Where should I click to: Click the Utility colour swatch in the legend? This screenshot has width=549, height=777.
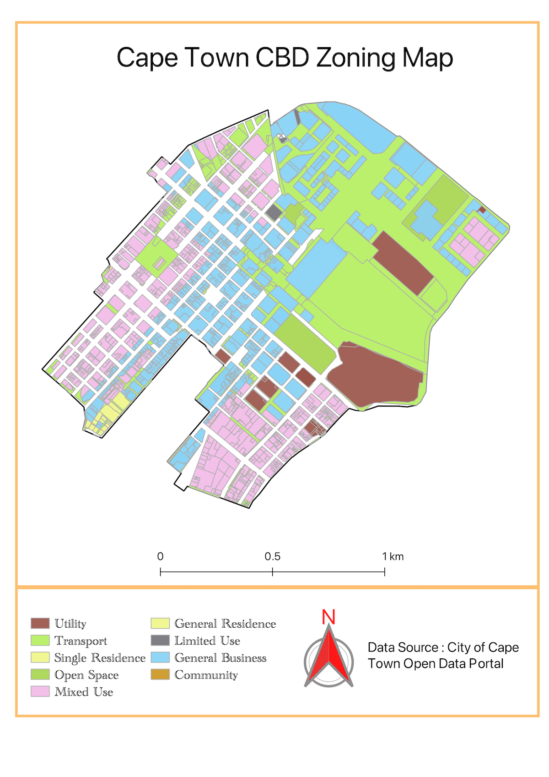click(x=40, y=623)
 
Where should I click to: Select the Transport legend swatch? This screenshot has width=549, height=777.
click(x=40, y=640)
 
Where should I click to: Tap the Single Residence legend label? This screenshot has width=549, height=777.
click(x=100, y=657)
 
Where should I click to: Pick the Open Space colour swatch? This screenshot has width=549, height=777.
click(x=40, y=674)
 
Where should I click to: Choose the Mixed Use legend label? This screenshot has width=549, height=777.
click(x=84, y=691)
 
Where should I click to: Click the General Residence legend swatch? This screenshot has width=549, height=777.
click(x=160, y=623)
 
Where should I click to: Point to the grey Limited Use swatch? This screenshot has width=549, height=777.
click(x=160, y=640)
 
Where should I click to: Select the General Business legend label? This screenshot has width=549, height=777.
click(x=220, y=657)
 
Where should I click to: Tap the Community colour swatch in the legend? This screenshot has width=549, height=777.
click(x=160, y=674)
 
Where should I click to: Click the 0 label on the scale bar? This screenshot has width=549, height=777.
click(x=160, y=556)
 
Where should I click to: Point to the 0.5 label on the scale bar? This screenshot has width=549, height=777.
click(x=272, y=556)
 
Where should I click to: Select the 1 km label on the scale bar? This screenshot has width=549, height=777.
click(x=393, y=556)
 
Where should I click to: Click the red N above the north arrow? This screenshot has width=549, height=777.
click(x=328, y=617)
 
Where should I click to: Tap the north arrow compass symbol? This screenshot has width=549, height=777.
click(x=328, y=657)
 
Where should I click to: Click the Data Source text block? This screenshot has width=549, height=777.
click(x=443, y=655)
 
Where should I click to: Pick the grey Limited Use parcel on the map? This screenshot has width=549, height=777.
click(x=274, y=212)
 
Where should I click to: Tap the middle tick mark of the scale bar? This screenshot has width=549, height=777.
click(x=272, y=571)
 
